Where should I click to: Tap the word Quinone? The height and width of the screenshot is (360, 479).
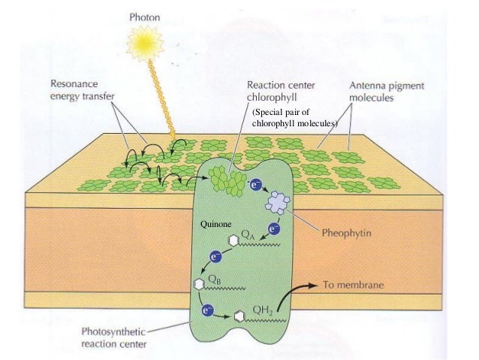(215, 225)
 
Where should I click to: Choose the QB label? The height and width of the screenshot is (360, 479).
(214, 278)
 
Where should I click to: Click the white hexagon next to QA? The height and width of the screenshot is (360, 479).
(234, 240)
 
